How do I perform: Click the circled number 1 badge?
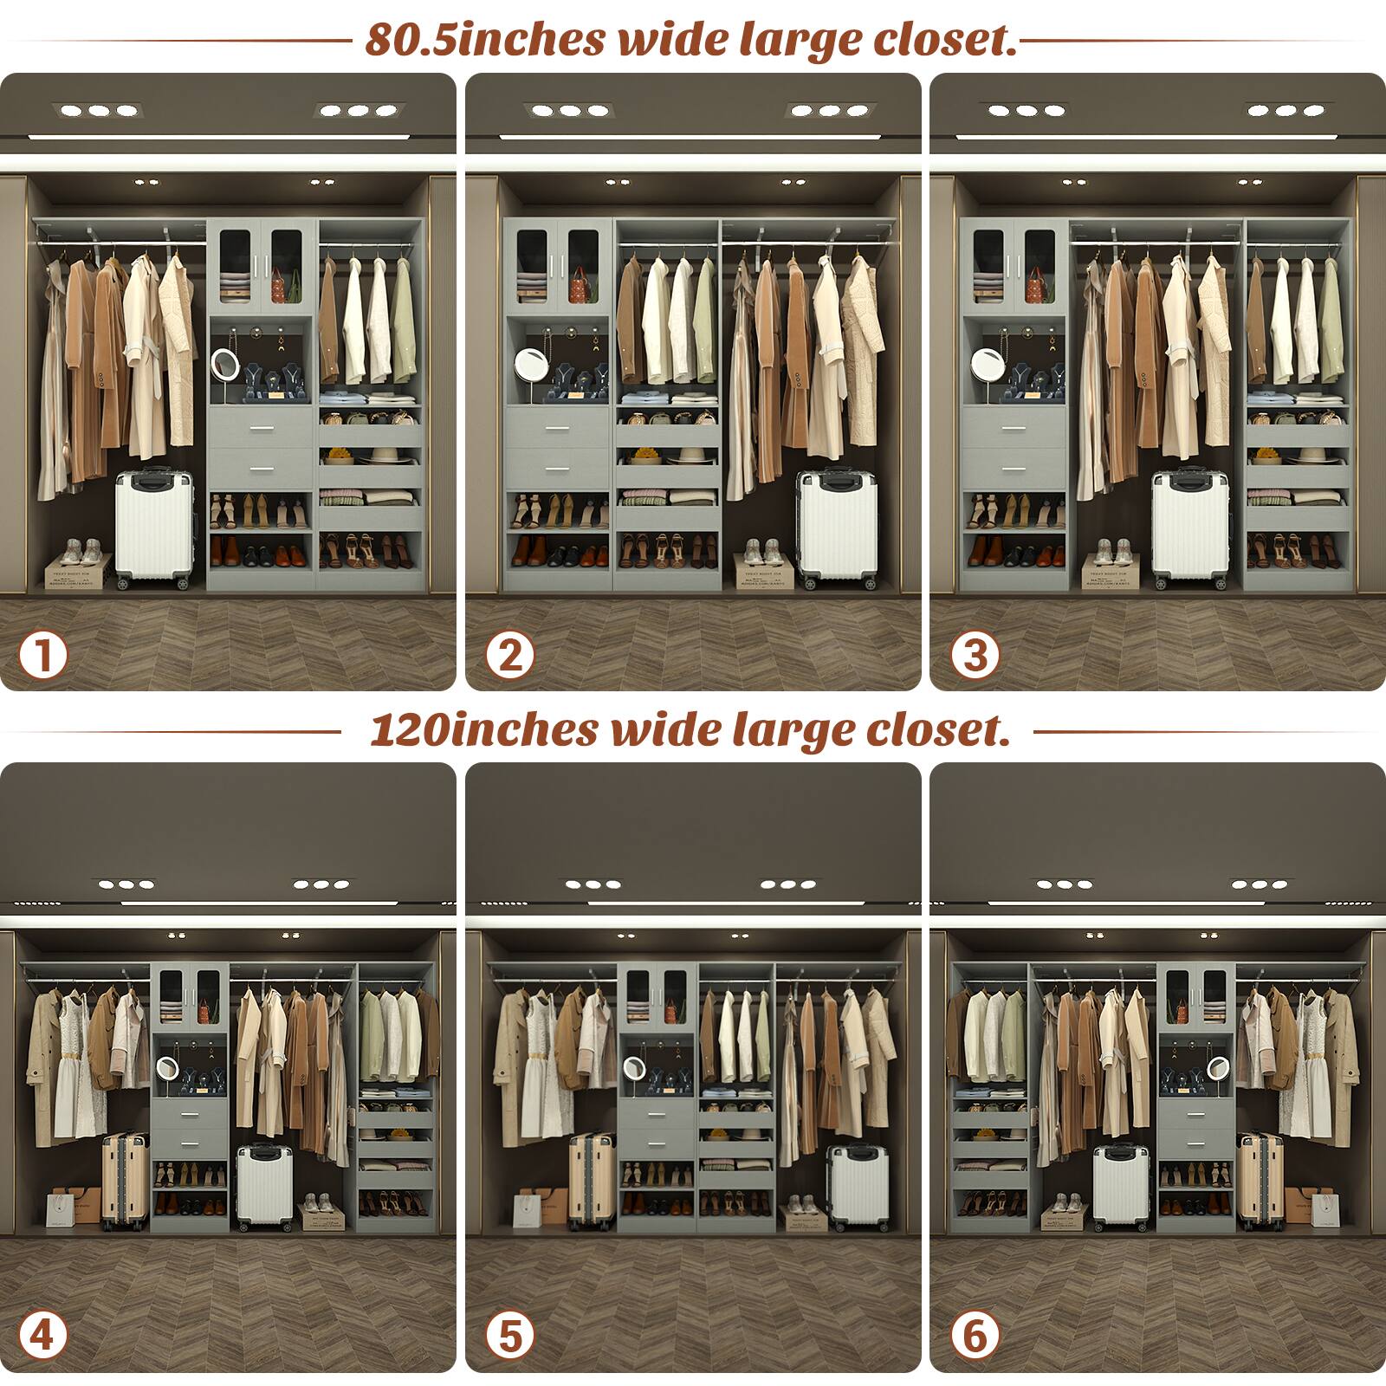42,655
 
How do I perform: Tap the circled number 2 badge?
509,655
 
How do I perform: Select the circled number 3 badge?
975,655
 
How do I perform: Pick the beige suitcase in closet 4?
125,1179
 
